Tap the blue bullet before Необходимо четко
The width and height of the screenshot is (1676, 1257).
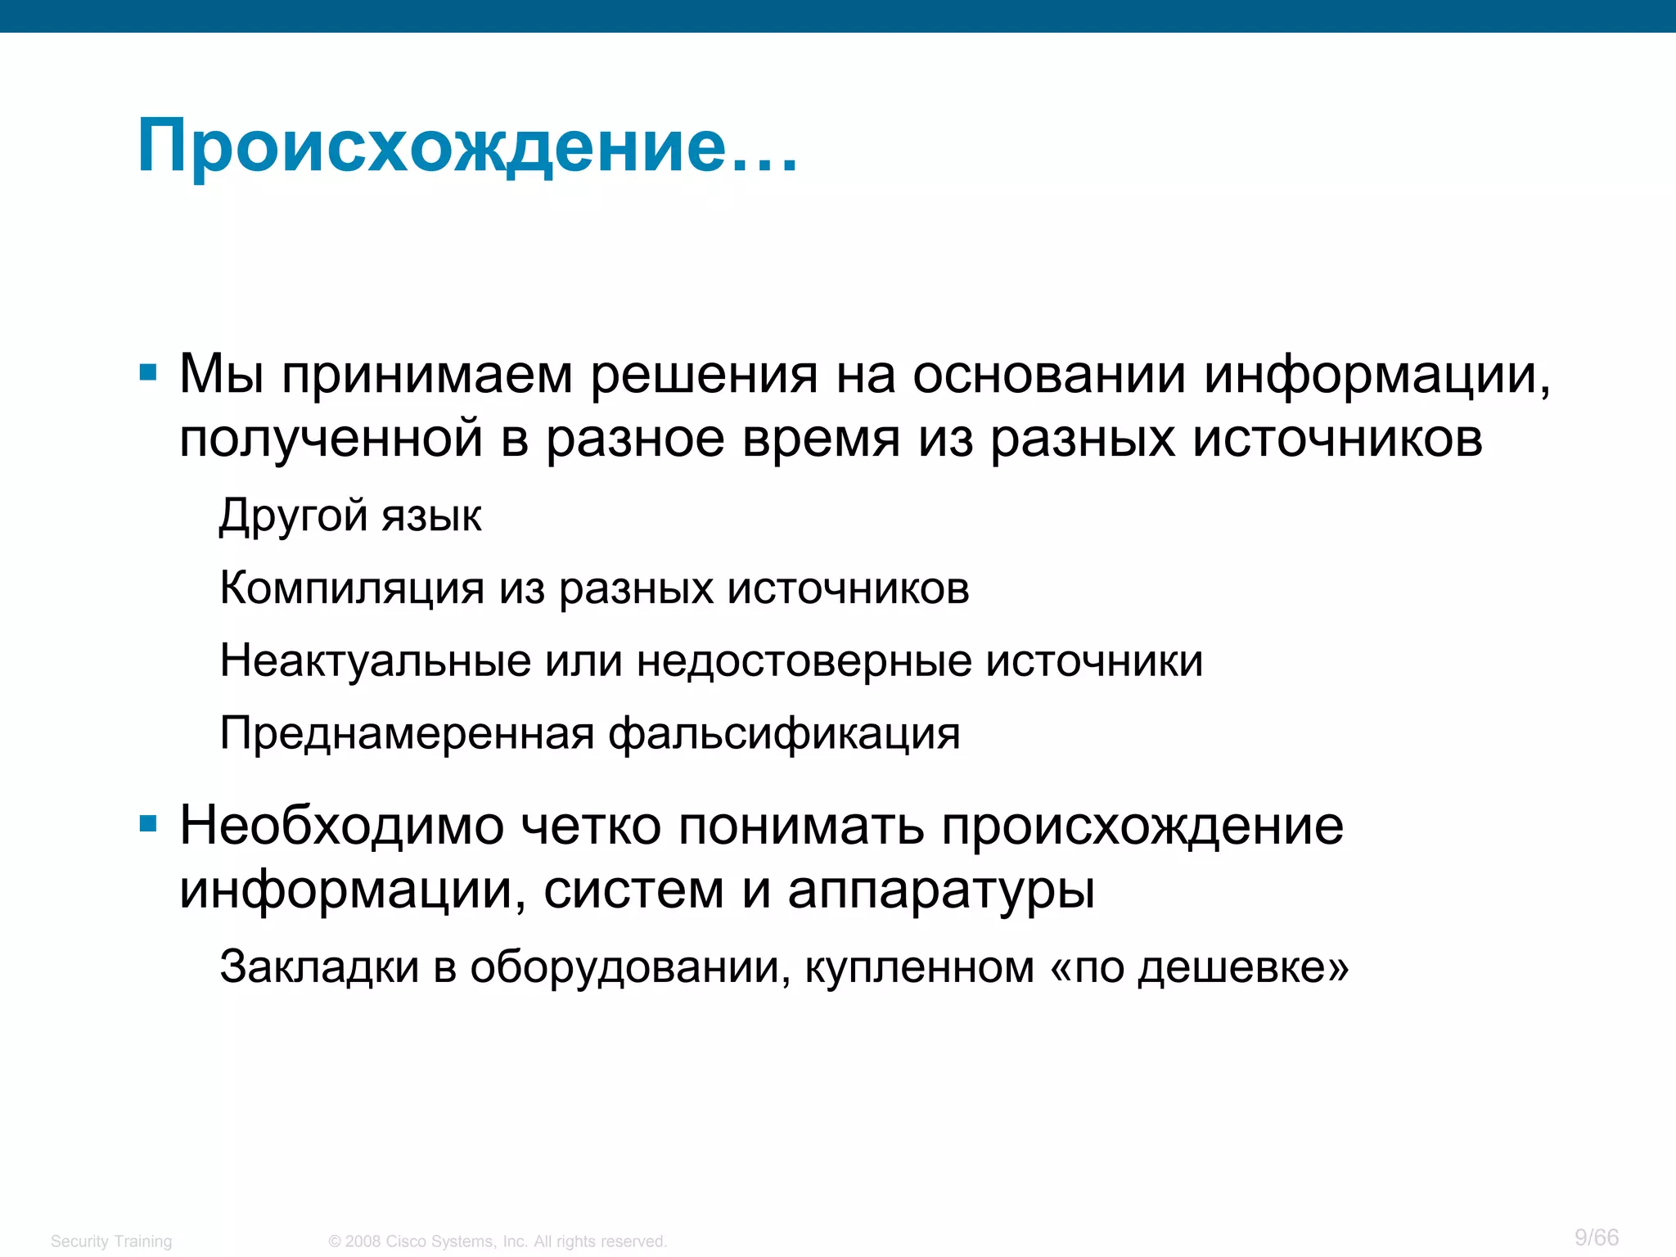(x=148, y=824)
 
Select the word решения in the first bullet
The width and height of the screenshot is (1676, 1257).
(x=704, y=375)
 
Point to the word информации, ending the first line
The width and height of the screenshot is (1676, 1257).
(x=1377, y=375)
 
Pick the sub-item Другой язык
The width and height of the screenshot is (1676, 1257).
(x=350, y=516)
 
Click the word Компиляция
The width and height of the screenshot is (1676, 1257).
(x=352, y=588)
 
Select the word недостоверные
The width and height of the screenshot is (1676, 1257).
(x=804, y=660)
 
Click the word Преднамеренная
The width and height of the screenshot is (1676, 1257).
(x=407, y=732)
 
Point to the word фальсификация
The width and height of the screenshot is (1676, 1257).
(x=784, y=733)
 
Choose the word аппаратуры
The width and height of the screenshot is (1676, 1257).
(x=941, y=890)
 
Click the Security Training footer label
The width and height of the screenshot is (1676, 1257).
(x=111, y=1241)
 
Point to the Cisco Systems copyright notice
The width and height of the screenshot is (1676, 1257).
(x=498, y=1241)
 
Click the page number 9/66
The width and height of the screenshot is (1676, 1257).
(x=1597, y=1237)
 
